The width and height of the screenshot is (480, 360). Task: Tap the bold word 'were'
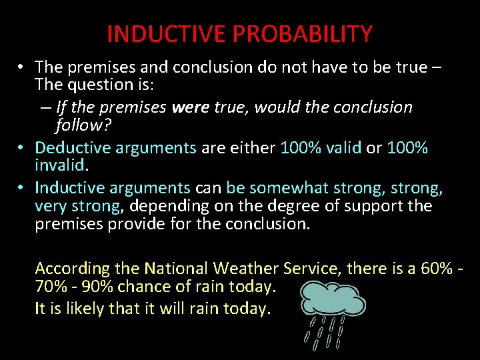tap(190, 107)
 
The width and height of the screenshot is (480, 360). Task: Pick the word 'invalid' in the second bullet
tap(60, 165)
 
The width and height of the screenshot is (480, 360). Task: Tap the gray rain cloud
tap(332, 299)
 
